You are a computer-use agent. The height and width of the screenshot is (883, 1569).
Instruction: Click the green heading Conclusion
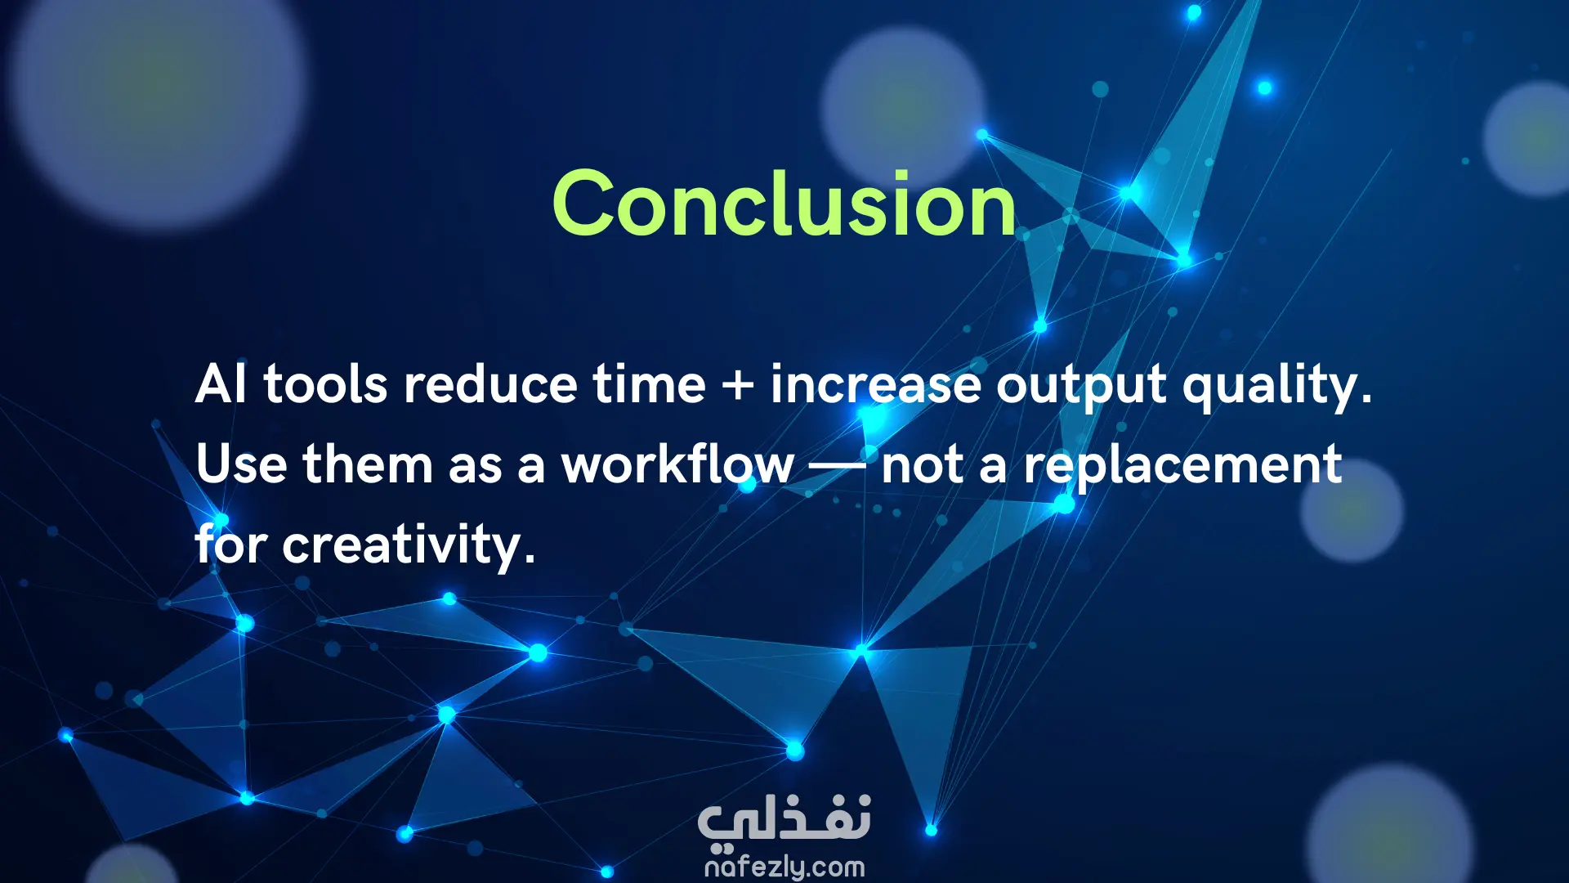click(x=784, y=204)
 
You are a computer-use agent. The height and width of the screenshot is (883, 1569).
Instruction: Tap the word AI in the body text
click(x=221, y=383)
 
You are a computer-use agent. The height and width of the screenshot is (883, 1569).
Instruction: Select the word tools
click(x=325, y=383)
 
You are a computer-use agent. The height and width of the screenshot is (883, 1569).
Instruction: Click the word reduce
click(x=490, y=383)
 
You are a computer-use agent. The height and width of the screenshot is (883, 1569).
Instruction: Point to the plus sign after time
click(x=738, y=384)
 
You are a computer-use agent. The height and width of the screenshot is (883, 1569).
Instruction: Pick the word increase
click(x=875, y=383)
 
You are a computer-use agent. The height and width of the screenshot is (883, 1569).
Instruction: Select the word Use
click(x=241, y=464)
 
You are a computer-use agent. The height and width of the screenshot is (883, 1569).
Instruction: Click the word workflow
click(x=677, y=464)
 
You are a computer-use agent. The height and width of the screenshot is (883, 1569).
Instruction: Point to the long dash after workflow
click(x=838, y=467)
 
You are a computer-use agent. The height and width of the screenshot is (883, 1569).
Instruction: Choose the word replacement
click(x=1182, y=466)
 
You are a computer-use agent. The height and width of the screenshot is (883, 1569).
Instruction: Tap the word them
click(x=367, y=464)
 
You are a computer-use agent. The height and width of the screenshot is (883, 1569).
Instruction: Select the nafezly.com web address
click(x=784, y=867)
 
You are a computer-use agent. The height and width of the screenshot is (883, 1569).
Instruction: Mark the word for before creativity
click(x=231, y=544)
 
